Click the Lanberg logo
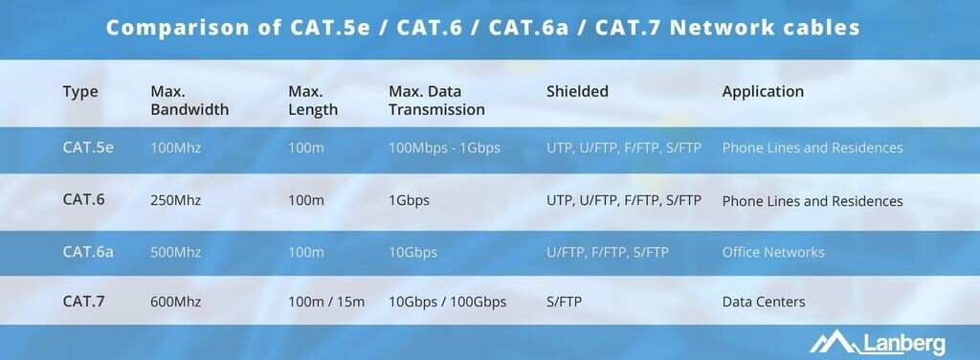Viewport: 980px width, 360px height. coord(878,342)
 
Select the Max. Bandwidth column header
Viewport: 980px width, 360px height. coord(189,101)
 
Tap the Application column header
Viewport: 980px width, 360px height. coord(763,92)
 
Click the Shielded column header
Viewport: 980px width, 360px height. coord(577,91)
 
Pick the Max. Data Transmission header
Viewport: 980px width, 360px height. coord(436,101)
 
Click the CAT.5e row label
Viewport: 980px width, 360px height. coord(88,147)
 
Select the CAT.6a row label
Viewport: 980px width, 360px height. coord(88,252)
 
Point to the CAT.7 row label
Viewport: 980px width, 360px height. coord(84,302)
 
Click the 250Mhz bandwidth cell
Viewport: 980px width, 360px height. coord(176,201)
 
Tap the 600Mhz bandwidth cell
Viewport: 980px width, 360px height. coord(176,302)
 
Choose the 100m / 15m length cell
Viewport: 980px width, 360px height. coord(326,302)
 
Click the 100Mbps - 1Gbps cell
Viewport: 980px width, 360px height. coord(444,148)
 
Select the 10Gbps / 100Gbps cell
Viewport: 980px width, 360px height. coord(448,302)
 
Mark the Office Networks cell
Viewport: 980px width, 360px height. coord(773,253)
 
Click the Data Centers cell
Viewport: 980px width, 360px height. coord(764,302)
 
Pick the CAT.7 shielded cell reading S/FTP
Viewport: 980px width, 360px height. coord(564,302)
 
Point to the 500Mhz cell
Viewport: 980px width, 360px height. coord(176,253)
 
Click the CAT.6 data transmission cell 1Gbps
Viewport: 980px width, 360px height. coord(409,201)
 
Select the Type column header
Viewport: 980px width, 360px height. coord(80,93)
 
